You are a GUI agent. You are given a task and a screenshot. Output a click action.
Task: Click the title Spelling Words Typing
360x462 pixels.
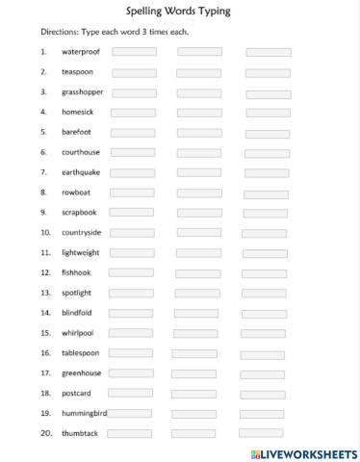(x=179, y=11)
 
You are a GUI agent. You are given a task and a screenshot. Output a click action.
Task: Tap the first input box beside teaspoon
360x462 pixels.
(x=134, y=72)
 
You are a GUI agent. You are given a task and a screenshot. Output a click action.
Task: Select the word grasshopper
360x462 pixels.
(x=83, y=92)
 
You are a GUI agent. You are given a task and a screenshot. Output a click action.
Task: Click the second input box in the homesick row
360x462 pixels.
(x=198, y=113)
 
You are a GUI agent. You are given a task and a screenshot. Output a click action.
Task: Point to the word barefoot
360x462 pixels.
(x=76, y=132)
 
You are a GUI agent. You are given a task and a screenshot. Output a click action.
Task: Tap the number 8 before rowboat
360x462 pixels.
(x=43, y=192)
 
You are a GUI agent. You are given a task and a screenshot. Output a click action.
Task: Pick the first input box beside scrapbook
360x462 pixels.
(x=131, y=213)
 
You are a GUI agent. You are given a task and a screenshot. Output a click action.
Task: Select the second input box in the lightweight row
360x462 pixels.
(x=196, y=253)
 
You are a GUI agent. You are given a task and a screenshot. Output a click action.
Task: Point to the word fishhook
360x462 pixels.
(x=76, y=272)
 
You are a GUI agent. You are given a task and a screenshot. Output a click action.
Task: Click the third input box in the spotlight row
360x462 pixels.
(x=265, y=294)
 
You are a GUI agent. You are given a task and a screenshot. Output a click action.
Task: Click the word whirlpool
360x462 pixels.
(x=78, y=333)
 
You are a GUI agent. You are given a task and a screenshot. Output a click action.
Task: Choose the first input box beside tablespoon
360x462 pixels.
(x=130, y=353)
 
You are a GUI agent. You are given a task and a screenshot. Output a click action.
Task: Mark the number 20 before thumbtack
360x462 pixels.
(x=45, y=433)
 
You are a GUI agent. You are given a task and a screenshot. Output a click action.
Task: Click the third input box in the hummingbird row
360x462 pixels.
(x=262, y=414)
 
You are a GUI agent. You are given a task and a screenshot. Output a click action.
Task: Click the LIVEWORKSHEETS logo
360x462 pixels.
(x=303, y=451)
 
